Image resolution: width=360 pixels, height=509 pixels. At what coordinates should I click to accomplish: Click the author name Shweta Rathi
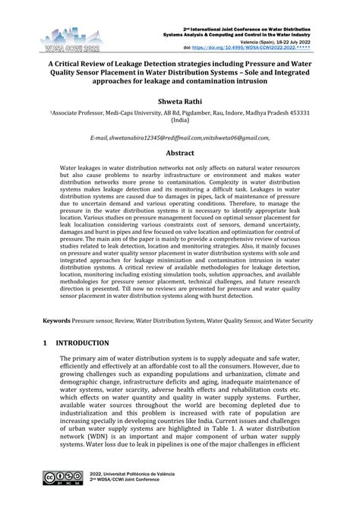click(x=180, y=98)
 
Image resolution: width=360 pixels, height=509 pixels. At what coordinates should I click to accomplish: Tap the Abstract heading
click(x=180, y=152)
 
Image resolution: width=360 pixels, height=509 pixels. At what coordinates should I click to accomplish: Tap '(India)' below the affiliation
click(x=180, y=119)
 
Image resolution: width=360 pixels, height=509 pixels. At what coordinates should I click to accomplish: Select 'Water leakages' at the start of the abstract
click(x=83, y=166)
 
